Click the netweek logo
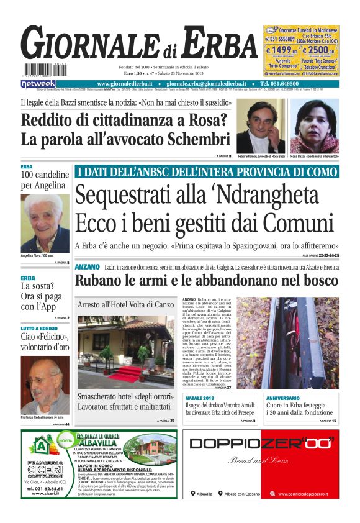(x=38, y=83)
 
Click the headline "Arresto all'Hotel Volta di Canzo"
(x=125, y=305)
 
